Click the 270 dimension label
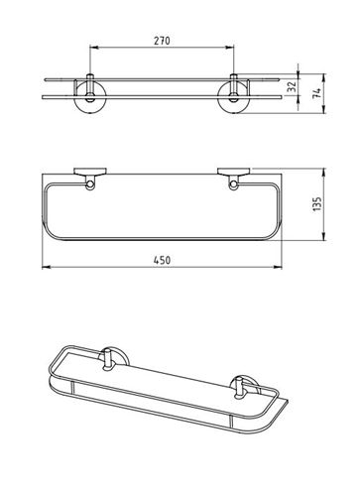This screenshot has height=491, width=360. coord(162,41)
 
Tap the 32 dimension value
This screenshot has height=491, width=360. coord(292,86)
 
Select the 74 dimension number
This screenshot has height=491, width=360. coord(316,93)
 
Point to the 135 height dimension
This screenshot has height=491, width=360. coord(316,204)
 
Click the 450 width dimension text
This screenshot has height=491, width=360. coord(162,260)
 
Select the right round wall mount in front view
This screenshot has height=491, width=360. coord(234,99)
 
